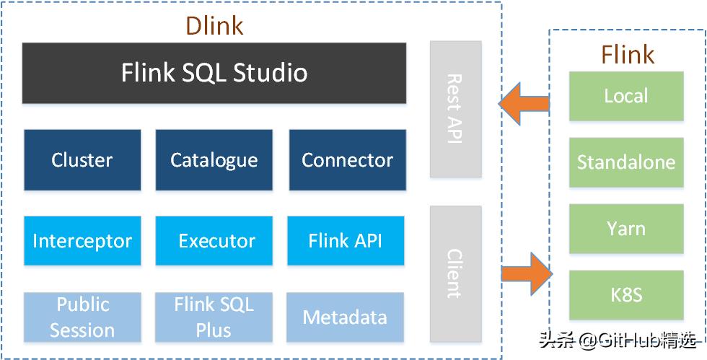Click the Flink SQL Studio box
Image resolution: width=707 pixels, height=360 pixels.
(x=214, y=73)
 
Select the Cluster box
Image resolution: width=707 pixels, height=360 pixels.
(x=82, y=159)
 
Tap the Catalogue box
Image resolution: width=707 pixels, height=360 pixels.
(x=214, y=159)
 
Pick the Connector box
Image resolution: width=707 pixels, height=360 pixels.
(x=348, y=159)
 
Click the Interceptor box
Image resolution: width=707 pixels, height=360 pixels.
(x=82, y=240)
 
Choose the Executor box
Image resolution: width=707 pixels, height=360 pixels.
(x=214, y=240)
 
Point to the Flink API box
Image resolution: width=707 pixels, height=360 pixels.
(x=346, y=240)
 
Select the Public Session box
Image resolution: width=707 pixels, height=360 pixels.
(x=82, y=317)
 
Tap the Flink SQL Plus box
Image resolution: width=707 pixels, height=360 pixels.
(x=214, y=317)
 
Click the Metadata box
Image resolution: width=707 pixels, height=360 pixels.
(x=346, y=317)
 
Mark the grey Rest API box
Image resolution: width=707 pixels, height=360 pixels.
(x=456, y=109)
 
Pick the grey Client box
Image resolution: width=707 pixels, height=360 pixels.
(x=456, y=274)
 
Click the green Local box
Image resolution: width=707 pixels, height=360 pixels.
(x=626, y=96)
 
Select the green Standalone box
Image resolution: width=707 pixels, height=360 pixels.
(x=626, y=162)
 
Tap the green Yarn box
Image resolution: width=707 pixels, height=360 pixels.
(x=626, y=229)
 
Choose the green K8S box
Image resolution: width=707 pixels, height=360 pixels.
(x=626, y=295)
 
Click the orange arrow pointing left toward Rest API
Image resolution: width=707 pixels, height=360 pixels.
(x=524, y=104)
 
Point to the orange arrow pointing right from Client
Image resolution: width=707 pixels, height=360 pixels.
(x=527, y=274)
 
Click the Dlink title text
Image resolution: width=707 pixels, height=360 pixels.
(x=215, y=26)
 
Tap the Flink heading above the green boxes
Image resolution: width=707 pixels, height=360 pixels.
(x=627, y=55)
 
